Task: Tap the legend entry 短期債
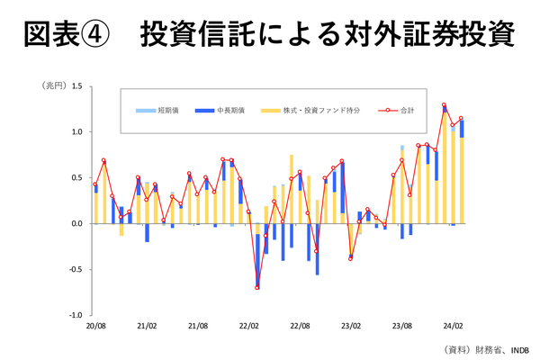pos(168,110)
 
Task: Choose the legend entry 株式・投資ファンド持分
pos(310,110)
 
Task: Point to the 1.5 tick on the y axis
pos(76,86)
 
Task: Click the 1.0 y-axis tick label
pos(76,132)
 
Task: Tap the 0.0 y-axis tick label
pos(76,223)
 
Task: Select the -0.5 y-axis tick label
pos(75,269)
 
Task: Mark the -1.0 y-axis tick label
pos(75,315)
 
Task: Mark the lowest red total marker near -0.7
pos(257,287)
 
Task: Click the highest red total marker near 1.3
pos(444,105)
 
